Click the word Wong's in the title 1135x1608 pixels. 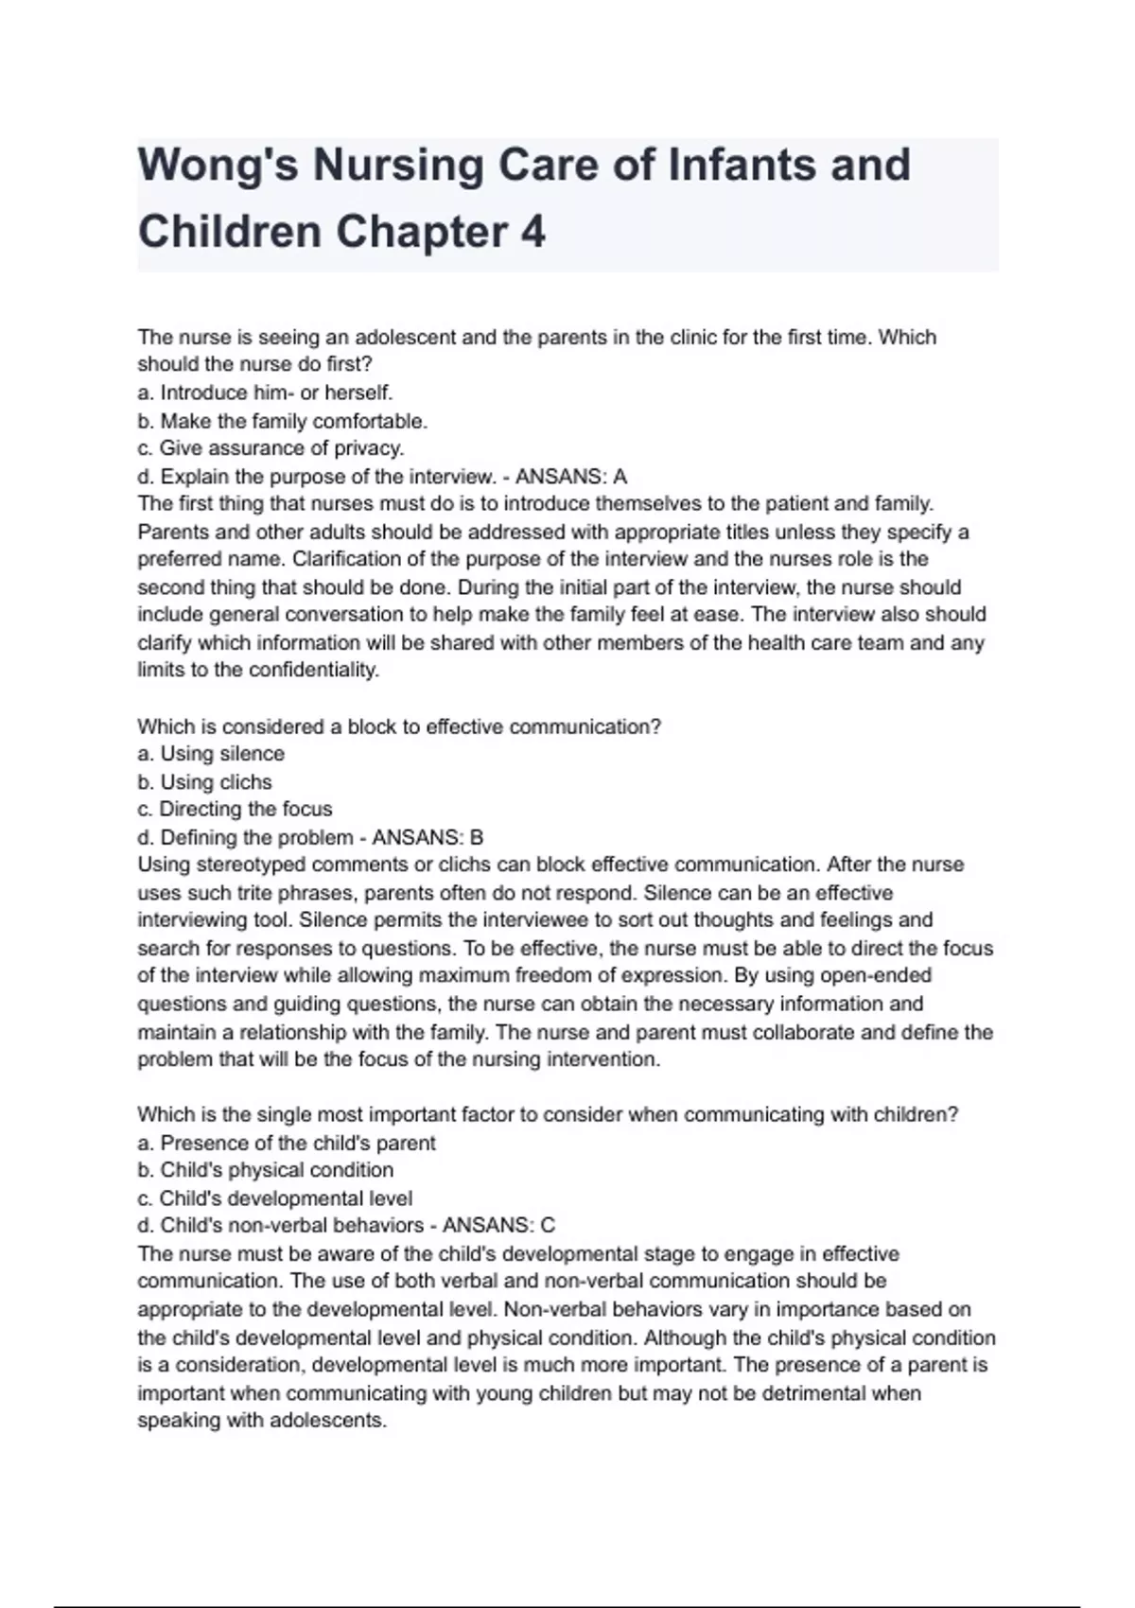218,165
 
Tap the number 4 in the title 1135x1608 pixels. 533,233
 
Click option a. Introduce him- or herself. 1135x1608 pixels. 265,393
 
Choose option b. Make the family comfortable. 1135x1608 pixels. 282,421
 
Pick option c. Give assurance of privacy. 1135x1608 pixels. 271,448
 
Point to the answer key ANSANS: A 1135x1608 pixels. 570,477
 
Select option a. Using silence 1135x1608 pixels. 211,754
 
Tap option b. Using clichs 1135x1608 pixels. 204,782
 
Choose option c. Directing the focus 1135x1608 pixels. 235,810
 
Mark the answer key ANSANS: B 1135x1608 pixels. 428,838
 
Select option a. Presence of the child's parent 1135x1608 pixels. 287,1143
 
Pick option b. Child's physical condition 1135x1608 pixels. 265,1170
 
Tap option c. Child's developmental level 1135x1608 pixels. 274,1198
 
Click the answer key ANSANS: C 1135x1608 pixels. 498,1226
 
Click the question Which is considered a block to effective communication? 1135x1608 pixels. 399,726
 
